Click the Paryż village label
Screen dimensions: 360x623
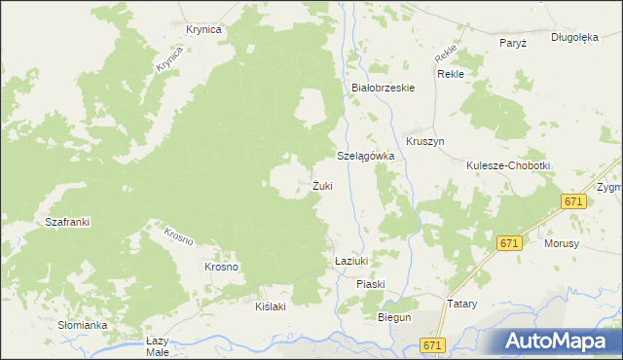(x=513, y=43)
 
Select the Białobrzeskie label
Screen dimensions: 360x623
(x=384, y=88)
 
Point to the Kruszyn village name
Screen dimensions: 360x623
(x=425, y=141)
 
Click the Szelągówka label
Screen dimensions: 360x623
(x=365, y=156)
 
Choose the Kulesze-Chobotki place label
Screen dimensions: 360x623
(x=508, y=165)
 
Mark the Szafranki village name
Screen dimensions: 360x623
(x=67, y=222)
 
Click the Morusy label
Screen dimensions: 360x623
(x=563, y=243)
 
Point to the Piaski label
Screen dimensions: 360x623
(x=371, y=284)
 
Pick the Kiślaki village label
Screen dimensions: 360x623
(x=270, y=306)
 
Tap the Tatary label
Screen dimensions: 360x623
(x=461, y=304)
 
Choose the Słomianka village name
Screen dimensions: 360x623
(x=82, y=325)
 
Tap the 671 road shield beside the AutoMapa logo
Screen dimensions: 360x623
(x=434, y=345)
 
